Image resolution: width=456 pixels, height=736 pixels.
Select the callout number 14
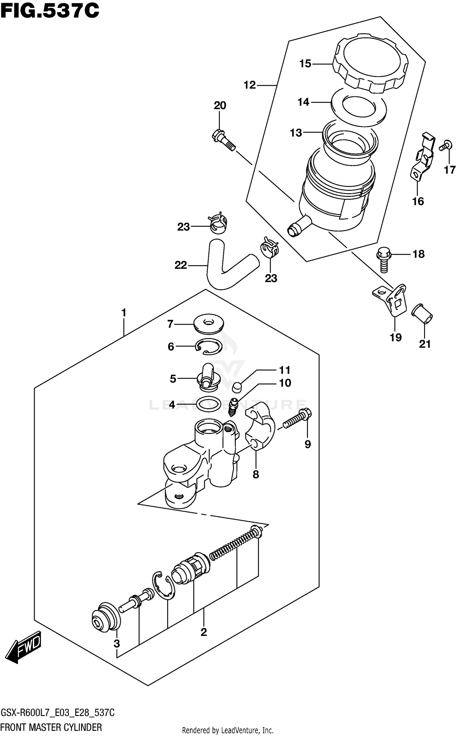(303, 102)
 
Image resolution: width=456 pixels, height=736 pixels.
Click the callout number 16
(418, 201)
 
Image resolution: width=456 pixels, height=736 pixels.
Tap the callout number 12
(250, 85)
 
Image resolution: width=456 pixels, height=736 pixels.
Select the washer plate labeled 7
(208, 325)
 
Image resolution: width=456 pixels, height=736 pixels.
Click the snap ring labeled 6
(209, 346)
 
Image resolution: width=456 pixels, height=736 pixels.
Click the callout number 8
(256, 474)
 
